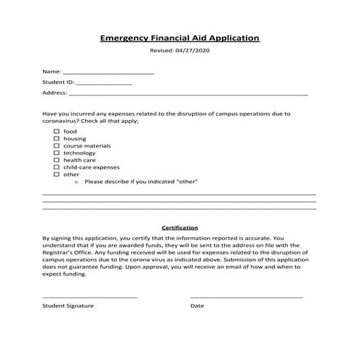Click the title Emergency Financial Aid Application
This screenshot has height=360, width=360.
point(179,37)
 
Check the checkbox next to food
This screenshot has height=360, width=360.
point(56,131)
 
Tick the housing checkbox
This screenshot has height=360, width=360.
point(56,138)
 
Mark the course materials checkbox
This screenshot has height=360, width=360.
point(56,145)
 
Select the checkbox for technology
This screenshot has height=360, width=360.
point(56,153)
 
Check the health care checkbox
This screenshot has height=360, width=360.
point(56,160)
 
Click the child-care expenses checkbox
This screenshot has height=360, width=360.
point(56,167)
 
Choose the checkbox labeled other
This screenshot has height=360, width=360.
point(56,175)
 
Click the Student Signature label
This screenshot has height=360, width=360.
point(68,306)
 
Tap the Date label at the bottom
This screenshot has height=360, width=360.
point(197,306)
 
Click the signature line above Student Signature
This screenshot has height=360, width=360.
point(89,297)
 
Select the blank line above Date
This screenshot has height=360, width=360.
point(247,297)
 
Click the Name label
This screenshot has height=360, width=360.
point(51,72)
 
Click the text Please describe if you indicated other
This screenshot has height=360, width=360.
point(141,181)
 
